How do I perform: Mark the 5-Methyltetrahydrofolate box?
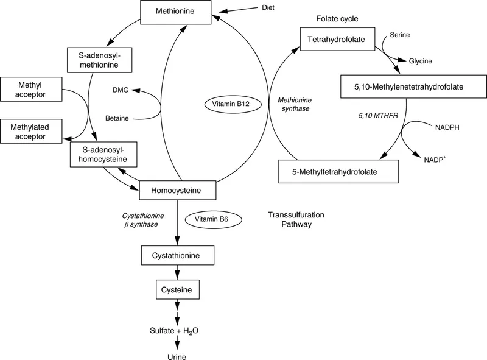coord(338,172)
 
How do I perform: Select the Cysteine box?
coord(177,288)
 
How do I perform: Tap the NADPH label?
coord(447,129)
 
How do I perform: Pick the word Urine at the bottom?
coord(177,353)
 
